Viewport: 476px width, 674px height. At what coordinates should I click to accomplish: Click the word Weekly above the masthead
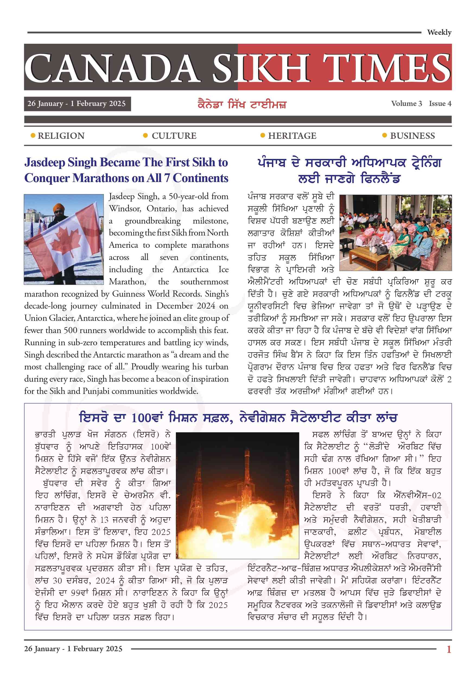pos(439,32)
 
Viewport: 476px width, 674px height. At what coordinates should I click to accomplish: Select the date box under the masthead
pos(77,104)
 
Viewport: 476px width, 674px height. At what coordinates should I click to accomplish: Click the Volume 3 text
pos(406,104)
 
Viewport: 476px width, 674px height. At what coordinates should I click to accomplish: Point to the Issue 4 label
pos(440,104)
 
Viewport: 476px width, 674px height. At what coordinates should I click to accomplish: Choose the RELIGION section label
pos(61,136)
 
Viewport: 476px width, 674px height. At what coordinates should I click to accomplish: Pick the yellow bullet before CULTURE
pos(145,136)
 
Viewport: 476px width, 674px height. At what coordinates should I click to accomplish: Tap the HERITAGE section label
pos(292,136)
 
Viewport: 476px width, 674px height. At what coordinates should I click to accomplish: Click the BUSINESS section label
pos(412,136)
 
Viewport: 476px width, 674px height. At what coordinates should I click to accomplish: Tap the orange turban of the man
pos(59,207)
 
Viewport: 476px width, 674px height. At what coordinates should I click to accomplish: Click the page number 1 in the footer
pos(448,649)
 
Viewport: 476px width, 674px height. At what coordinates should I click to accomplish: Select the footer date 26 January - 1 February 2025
pos(73,649)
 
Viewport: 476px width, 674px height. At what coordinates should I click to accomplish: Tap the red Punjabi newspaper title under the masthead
pos(242,105)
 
